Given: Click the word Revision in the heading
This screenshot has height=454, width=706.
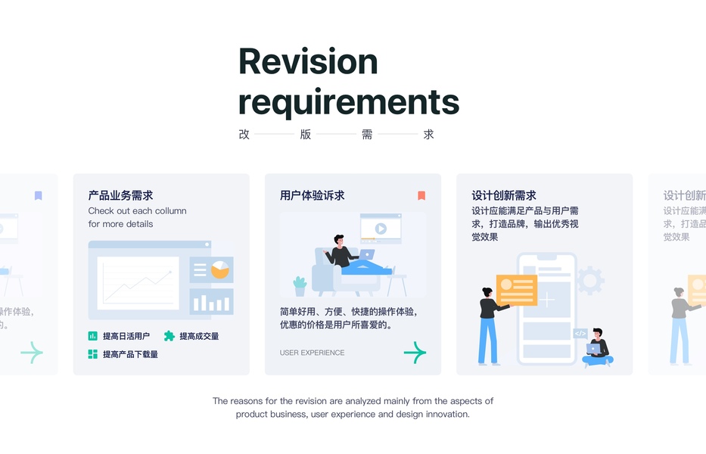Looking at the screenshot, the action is coord(308,61).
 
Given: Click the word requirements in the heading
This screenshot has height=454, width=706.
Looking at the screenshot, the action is coord(349,101).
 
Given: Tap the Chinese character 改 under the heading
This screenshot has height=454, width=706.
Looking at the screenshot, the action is coord(244,135).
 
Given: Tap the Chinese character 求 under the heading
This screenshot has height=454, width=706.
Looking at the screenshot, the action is coord(429,135).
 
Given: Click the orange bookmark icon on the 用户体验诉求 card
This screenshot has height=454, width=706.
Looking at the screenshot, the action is coord(421,195).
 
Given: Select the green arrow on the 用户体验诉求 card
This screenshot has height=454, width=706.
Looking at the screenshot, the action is coord(415,352).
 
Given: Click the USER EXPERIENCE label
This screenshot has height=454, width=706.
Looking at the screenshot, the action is coord(312,353).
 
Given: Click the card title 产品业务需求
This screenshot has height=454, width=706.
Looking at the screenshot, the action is coord(120,195).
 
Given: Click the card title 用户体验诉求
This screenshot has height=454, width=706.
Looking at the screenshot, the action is coord(312,195).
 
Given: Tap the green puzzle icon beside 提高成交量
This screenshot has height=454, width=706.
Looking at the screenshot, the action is coord(170,336).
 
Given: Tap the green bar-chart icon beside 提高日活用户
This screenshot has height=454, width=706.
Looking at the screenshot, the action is coord(93,336).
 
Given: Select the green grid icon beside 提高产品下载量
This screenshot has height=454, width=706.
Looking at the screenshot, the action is coord(93,354).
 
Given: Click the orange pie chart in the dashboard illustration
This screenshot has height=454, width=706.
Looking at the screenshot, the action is coord(220,269).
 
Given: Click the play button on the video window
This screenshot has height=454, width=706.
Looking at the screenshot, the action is coord(381,228).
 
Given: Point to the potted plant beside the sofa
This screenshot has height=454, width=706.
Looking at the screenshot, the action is coord(300,286).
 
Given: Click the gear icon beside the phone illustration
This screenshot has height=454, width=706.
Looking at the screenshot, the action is coord(590,281).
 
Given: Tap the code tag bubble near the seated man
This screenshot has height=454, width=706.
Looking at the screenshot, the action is coord(580,333).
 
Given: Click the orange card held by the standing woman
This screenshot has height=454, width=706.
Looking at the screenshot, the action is coord(517,290).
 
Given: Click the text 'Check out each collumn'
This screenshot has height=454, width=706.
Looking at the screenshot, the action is coord(137,211).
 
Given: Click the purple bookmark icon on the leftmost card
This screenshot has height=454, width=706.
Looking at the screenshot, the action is coord(39,195).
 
